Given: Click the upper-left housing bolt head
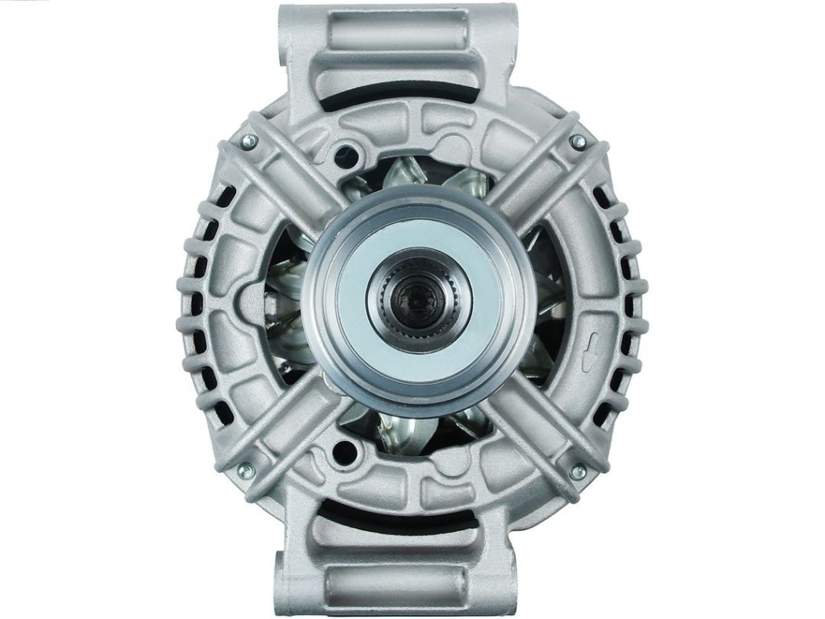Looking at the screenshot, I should pyautogui.click(x=249, y=140).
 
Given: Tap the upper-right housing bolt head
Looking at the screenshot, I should pyautogui.click(x=577, y=141).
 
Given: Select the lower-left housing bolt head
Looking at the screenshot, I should pyautogui.click(x=247, y=468).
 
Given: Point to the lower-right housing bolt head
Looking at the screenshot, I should pyautogui.click(x=577, y=472).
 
